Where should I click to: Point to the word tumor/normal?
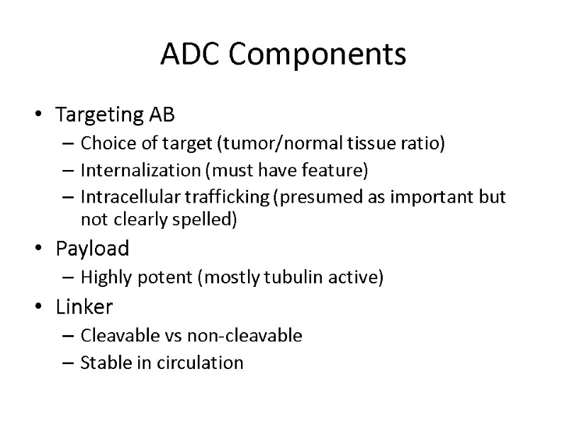[x=255, y=145]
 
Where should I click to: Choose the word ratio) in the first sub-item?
[x=426, y=145]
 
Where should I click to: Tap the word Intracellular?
[x=120, y=197]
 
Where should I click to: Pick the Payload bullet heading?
[x=92, y=249]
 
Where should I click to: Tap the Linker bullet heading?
[x=84, y=307]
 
